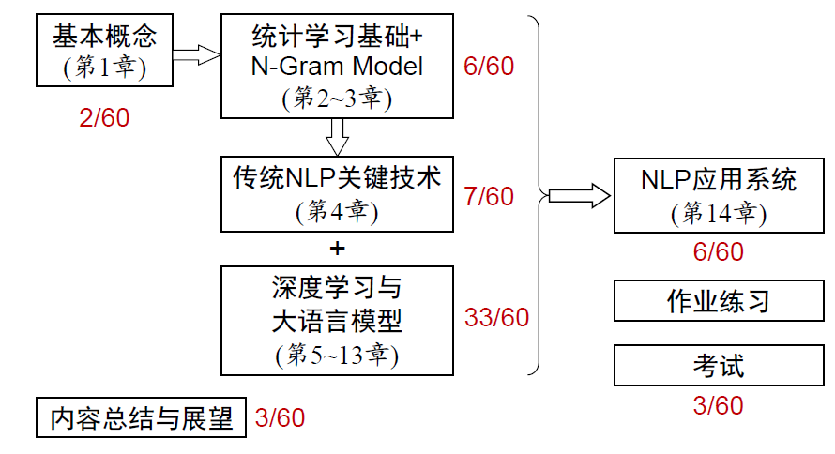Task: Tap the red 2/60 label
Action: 104,118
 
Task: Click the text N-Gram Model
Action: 337,67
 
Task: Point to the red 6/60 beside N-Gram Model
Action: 489,67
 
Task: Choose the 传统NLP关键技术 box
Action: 337,193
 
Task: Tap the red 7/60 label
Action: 489,196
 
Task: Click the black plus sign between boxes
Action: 338,249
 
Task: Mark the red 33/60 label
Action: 496,317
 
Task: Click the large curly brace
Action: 540,195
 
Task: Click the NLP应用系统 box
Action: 719,195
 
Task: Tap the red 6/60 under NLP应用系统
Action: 718,251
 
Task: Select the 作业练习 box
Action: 719,301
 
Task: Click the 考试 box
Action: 719,365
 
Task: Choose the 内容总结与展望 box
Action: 141,417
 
